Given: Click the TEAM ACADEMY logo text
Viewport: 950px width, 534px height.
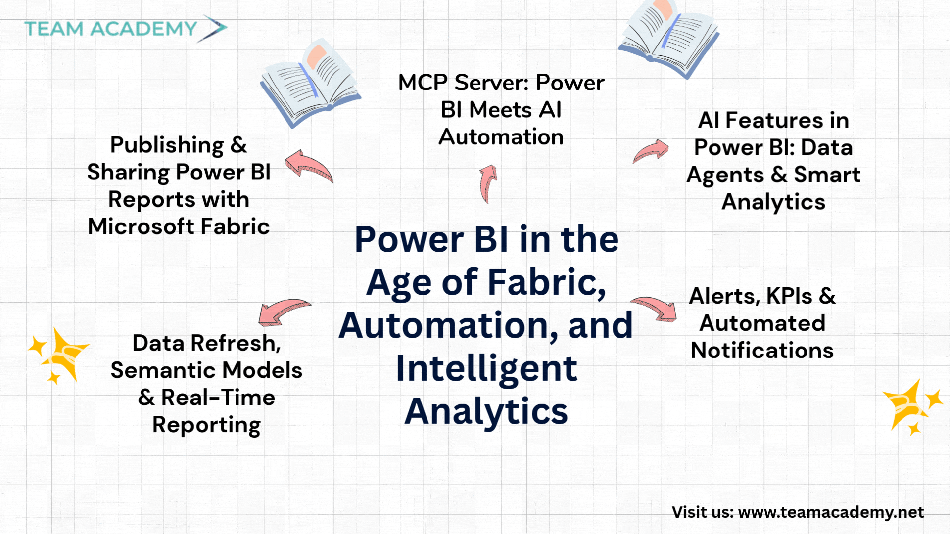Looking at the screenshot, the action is point(111,29).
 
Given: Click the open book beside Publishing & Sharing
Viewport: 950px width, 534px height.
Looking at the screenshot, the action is point(310,83).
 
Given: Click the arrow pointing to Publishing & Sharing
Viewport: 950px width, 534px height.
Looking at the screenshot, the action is point(308,166).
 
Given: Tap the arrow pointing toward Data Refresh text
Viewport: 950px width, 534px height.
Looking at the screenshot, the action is point(283,311).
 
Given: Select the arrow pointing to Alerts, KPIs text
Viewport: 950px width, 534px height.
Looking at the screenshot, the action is point(654,309).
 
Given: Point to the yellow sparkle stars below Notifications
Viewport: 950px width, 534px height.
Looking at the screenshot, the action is point(912,406).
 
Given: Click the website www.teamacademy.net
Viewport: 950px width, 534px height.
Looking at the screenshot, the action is point(831,512).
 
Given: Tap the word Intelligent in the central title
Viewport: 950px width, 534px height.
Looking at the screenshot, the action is point(486,369).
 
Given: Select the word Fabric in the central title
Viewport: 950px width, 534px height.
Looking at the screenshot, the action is point(547,282).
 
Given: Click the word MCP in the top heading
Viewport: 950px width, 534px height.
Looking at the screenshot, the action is point(423,83).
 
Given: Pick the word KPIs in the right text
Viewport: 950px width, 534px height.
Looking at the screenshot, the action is point(789,296).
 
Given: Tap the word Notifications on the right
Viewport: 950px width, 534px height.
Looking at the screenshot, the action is point(762,351).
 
